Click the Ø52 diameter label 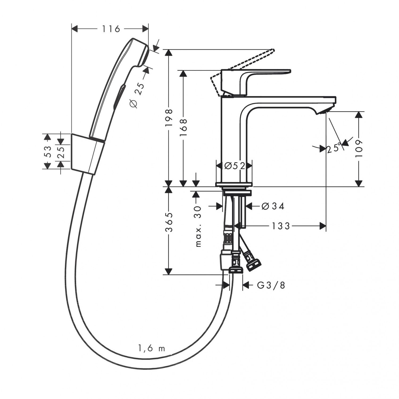[234, 166]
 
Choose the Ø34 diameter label [273, 206]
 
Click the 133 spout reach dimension [281, 226]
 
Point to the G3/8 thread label [271, 285]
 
